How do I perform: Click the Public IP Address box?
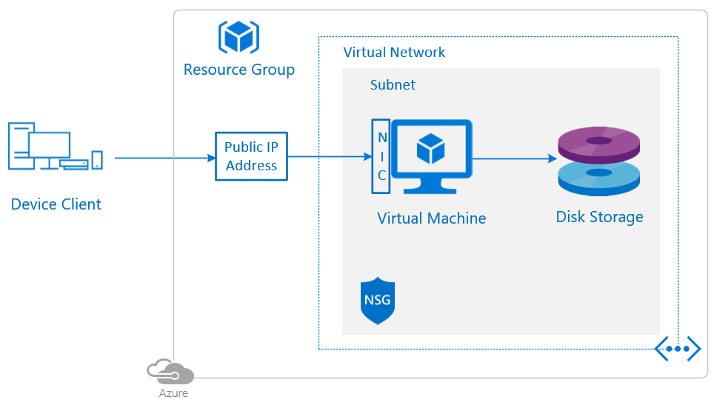251,156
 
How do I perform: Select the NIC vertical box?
381,156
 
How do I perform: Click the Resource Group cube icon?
239,36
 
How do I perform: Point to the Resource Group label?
239,70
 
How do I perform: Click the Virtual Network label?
394,53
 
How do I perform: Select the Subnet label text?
393,85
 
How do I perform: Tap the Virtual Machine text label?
431,218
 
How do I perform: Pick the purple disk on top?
598,144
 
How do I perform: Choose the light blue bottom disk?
598,178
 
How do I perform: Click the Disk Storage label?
599,217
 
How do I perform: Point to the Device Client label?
56,204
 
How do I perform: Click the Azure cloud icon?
170,371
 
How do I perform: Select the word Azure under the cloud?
173,393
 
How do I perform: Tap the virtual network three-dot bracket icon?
678,348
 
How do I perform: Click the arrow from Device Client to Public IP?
163,158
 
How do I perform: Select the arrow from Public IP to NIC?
329,156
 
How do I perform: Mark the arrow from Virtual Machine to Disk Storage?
514,158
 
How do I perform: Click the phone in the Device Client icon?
97,160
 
